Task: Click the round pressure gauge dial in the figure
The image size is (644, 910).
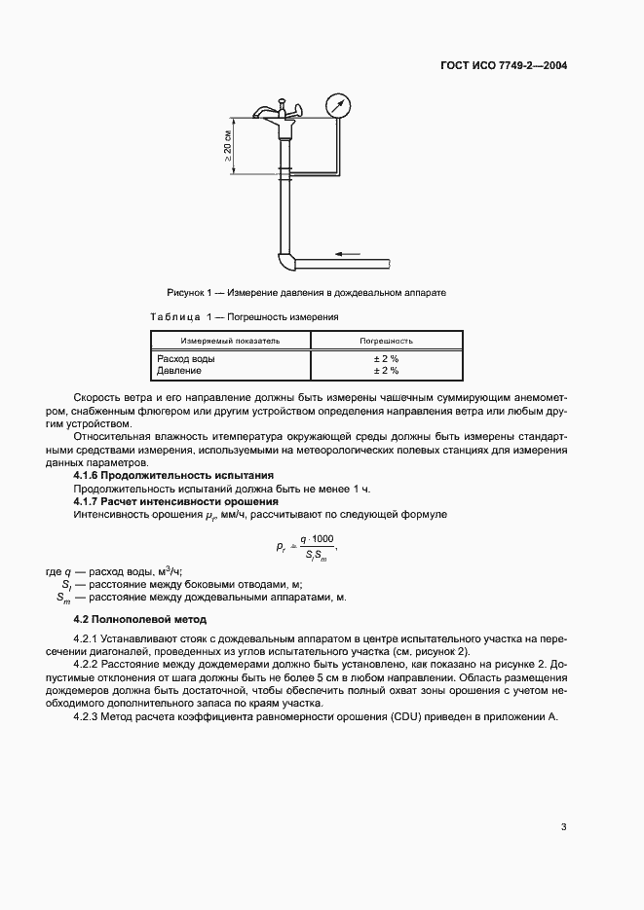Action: click(336, 105)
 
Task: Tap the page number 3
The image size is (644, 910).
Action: click(563, 828)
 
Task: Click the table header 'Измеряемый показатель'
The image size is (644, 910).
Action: click(230, 342)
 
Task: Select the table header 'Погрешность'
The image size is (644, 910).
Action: click(387, 342)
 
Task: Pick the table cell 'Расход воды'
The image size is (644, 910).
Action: click(185, 359)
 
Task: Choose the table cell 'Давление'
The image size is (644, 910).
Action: click(180, 371)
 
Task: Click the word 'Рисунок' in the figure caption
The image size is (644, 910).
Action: click(186, 293)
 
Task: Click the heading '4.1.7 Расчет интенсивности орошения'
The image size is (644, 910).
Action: click(163, 500)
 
